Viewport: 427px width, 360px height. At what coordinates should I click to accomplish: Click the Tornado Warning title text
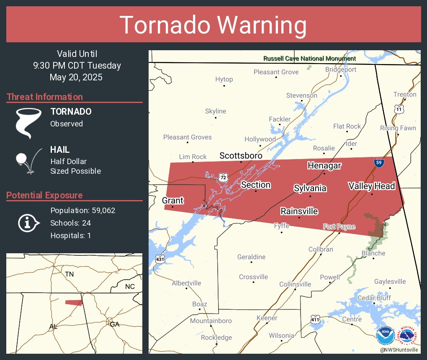tap(213, 25)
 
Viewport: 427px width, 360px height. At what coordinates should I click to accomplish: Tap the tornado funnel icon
tap(28, 123)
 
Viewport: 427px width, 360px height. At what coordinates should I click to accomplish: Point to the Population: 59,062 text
tap(82, 211)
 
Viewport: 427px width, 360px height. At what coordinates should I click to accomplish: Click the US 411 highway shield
tap(316, 320)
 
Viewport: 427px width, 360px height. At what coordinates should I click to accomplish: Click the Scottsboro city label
tap(241, 156)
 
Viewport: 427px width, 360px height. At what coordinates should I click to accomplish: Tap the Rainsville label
tap(299, 211)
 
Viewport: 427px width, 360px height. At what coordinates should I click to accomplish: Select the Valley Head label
tap(372, 186)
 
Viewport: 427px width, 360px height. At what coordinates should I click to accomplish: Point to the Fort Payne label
tap(339, 227)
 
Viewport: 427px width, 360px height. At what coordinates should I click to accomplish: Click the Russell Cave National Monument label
tap(310, 59)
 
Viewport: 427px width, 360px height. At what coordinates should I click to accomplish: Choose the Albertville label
tap(187, 283)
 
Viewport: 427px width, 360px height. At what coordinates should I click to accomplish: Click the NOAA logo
tap(385, 336)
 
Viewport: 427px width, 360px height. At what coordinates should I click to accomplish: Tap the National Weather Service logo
tap(408, 336)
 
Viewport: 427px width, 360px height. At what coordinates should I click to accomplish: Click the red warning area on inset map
tap(74, 302)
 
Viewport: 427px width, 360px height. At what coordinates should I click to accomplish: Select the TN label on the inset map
tap(69, 274)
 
